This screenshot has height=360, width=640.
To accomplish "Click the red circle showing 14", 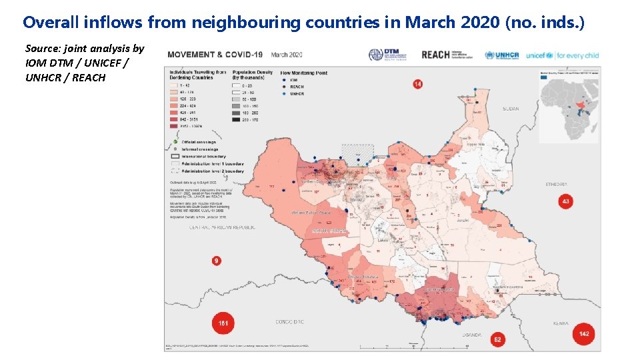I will [x=417, y=84].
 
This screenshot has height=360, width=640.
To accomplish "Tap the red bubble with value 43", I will [x=566, y=201].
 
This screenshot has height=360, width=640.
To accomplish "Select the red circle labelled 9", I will [x=217, y=261].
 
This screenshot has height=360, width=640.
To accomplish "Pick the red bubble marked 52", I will [x=498, y=340].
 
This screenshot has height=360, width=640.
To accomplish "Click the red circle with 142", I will [x=583, y=334].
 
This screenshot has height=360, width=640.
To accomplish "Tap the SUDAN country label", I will [x=511, y=108].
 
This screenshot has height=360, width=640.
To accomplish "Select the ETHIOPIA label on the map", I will [x=556, y=184].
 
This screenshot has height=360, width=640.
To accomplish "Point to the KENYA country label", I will [x=561, y=323].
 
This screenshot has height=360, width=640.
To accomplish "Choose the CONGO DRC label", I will [x=290, y=322].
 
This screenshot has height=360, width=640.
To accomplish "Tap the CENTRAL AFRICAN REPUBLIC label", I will [x=223, y=227].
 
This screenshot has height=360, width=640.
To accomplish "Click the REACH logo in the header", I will [x=436, y=55].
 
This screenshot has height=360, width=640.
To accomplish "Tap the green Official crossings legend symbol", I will [x=174, y=142].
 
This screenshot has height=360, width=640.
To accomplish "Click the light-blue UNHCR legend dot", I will [x=283, y=93].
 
